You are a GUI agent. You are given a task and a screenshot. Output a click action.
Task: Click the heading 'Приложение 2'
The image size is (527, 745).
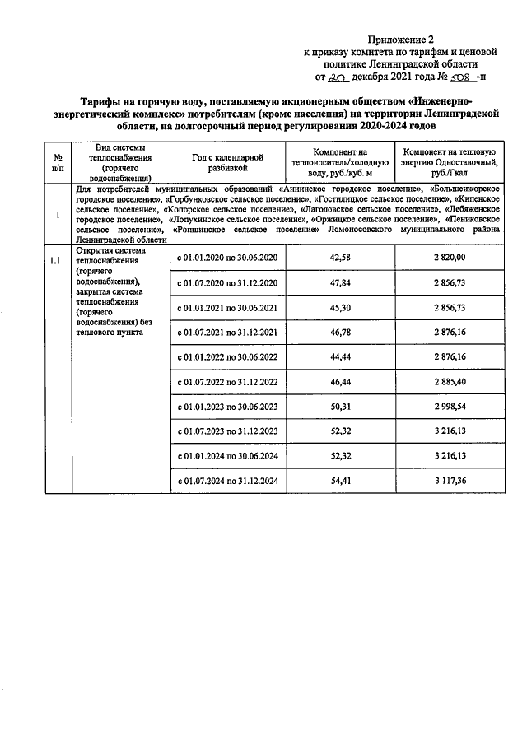[399, 39]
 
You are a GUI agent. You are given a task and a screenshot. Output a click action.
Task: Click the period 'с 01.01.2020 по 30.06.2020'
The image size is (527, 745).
[226, 258]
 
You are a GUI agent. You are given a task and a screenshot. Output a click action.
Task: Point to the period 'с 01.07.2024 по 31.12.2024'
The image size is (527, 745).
[226, 481]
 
